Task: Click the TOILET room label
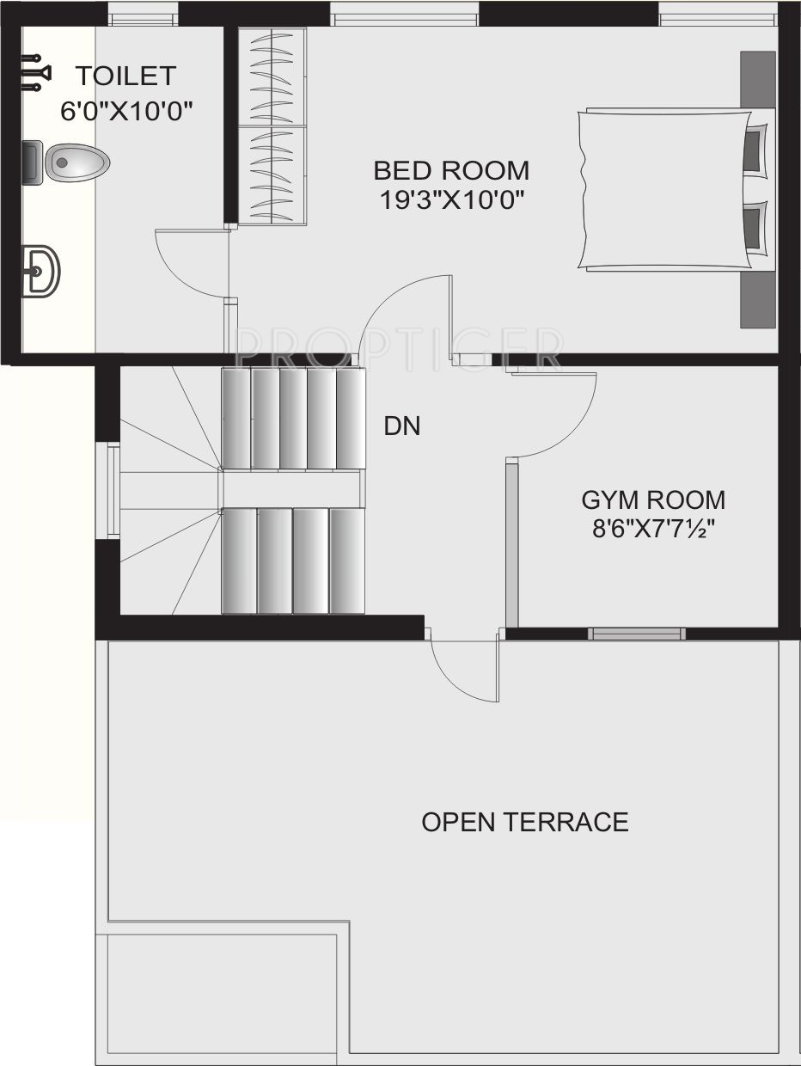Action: point(125,77)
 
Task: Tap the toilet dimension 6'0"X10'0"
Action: point(126,111)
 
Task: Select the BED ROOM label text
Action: point(451,170)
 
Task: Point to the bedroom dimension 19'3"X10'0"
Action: point(452,199)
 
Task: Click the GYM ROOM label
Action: point(653,500)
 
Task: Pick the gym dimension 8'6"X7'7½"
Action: point(653,529)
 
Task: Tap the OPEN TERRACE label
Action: point(525,822)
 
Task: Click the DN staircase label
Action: point(402,426)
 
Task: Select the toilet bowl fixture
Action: point(66,162)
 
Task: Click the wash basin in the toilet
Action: point(41,271)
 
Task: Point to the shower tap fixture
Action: point(36,73)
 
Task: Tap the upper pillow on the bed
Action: point(755,149)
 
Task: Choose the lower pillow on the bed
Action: point(755,229)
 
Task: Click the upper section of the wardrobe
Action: point(272,77)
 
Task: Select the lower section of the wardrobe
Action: point(272,175)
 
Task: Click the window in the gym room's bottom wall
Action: point(637,634)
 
